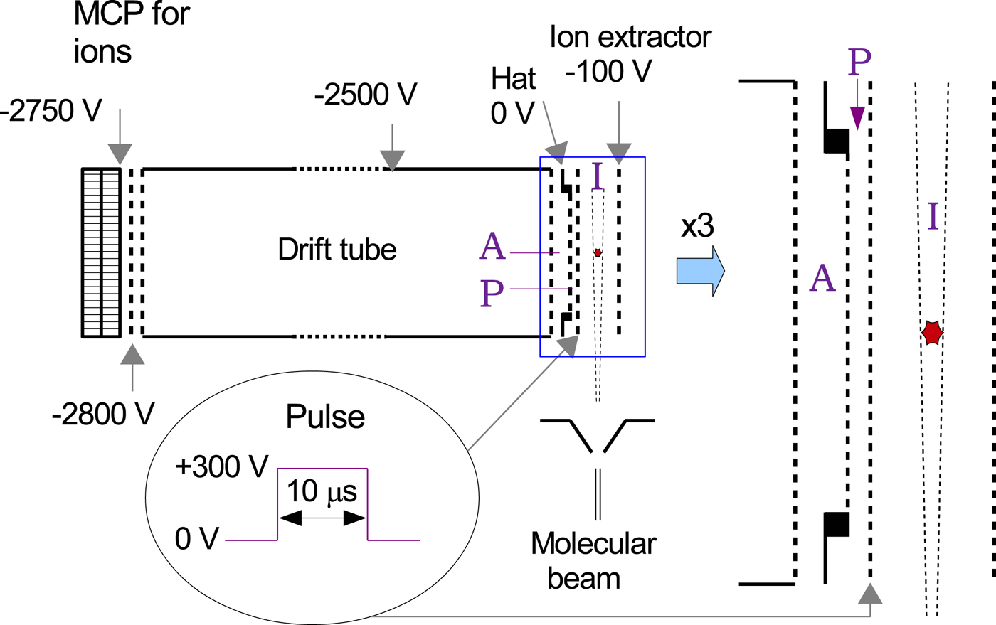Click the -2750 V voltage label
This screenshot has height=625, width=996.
pos(51,111)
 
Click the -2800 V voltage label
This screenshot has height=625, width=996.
pos(103,414)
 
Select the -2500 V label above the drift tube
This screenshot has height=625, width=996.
pos(365,94)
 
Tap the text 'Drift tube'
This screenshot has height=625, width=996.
pos(337,250)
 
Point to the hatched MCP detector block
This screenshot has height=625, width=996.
pos(101,252)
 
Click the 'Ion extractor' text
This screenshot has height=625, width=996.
pos(630,37)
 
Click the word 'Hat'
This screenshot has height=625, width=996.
pos(513,80)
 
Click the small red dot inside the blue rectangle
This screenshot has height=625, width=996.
pos(598,252)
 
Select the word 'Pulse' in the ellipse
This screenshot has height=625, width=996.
pos(325,417)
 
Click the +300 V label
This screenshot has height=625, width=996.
pos(221,467)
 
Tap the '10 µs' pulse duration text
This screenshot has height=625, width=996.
pos(322,491)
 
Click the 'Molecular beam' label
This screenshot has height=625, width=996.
pos(593,561)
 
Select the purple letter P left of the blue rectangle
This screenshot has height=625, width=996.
pos(492,292)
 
